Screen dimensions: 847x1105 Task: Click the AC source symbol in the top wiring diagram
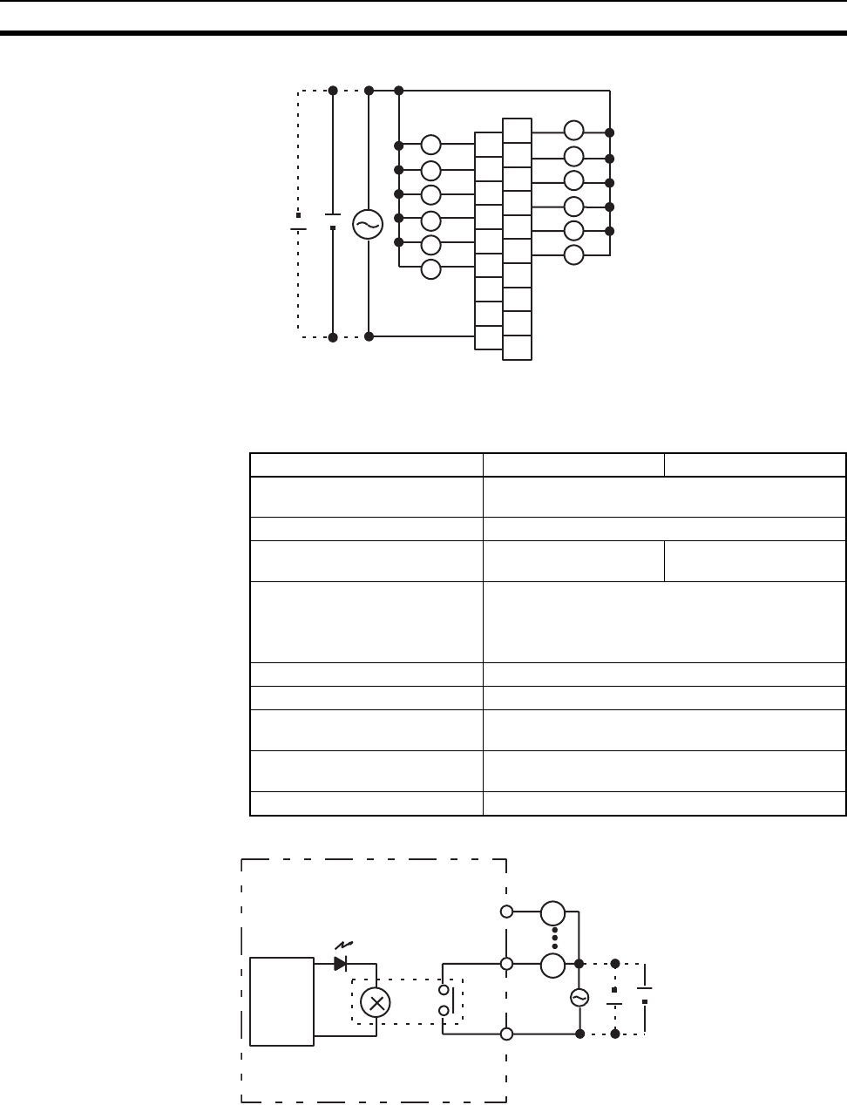tap(368, 225)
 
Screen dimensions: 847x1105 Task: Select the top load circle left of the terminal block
tap(431, 146)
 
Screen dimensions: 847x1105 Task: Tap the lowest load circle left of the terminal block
tap(431, 268)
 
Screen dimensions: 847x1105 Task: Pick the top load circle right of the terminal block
tap(573, 132)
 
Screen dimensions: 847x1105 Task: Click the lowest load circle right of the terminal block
tap(573, 254)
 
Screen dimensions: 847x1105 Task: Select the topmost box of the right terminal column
tap(517, 131)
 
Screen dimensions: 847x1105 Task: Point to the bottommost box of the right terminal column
tap(517, 347)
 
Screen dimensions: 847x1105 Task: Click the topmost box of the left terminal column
tap(489, 145)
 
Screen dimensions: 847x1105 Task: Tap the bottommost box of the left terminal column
tap(489, 337)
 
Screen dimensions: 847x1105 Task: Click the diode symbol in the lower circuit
tap(341, 964)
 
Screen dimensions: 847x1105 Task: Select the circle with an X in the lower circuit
tap(376, 1003)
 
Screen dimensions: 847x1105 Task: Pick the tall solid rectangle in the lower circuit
tap(281, 1001)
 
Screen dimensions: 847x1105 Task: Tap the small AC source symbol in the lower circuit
tap(579, 999)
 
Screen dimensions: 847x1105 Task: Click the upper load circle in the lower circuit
tap(552, 913)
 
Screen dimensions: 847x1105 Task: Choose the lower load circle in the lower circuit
tap(552, 966)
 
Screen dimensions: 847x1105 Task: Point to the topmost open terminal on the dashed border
tap(506, 912)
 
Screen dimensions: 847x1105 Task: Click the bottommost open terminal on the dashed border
tap(506, 1034)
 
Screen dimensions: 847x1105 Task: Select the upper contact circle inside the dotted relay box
tap(444, 991)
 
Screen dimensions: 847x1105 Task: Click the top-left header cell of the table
tap(367, 464)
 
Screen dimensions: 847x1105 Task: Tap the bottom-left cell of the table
tap(367, 803)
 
